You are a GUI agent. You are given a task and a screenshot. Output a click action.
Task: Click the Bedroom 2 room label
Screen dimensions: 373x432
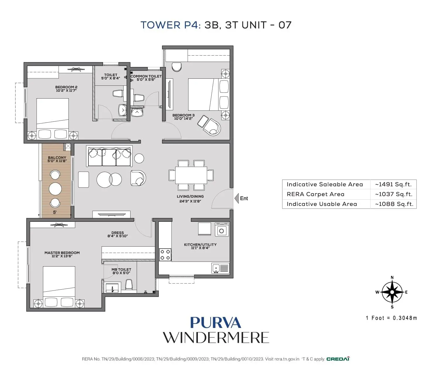point(66,87)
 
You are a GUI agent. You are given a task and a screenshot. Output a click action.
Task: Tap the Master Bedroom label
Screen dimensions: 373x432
point(62,253)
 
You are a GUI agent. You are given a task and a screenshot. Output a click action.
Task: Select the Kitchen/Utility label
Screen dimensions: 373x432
point(200,245)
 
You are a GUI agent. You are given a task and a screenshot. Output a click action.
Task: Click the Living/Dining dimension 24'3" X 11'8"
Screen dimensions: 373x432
point(190,201)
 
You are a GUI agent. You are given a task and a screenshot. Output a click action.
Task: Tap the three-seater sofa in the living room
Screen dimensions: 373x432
point(109,156)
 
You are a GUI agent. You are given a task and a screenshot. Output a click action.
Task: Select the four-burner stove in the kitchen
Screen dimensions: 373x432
point(165,255)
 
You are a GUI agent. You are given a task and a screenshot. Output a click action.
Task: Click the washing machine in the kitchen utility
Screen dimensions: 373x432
point(222,229)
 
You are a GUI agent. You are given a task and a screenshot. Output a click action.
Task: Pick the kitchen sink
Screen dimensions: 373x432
point(220,268)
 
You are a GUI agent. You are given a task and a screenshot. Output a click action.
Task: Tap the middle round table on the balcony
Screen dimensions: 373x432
point(55,189)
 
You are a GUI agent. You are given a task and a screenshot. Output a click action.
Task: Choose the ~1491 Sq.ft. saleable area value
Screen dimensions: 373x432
point(393,184)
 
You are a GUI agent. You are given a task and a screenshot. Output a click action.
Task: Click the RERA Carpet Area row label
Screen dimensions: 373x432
point(316,194)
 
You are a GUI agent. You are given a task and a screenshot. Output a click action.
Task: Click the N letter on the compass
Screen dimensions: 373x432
point(392,277)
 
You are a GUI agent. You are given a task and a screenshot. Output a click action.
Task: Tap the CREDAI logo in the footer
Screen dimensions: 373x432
point(338,359)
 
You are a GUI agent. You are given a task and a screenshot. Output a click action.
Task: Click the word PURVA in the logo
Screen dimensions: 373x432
point(216,323)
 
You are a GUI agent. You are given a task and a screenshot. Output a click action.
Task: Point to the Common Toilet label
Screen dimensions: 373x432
point(146,76)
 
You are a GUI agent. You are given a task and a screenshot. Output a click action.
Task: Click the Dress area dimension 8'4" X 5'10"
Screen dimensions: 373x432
point(117,236)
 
